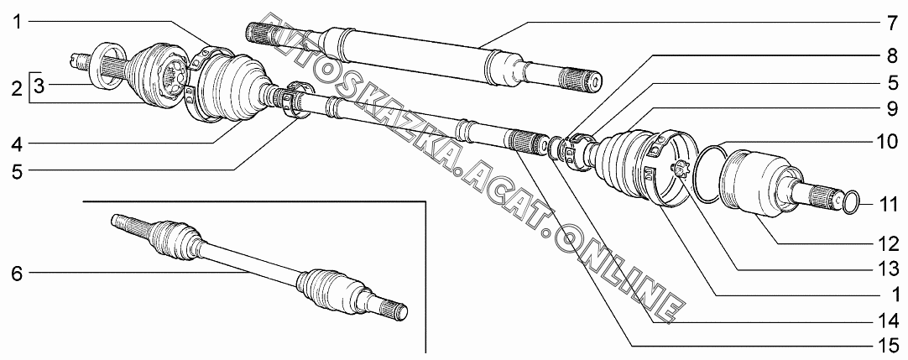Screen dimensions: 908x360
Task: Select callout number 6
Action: tap(17, 274)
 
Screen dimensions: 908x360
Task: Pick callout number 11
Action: tap(889, 206)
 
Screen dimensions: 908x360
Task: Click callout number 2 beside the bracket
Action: tap(17, 90)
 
